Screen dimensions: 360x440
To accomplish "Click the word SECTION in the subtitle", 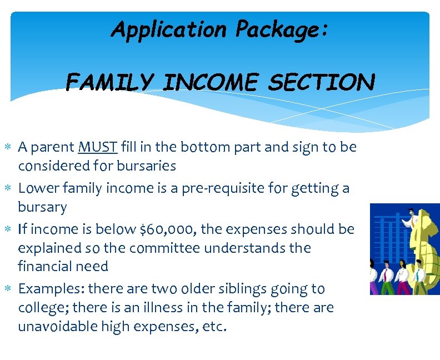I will [321, 83].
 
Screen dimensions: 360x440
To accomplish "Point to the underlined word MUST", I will [98, 147].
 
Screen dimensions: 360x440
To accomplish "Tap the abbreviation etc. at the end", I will [214, 326].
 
